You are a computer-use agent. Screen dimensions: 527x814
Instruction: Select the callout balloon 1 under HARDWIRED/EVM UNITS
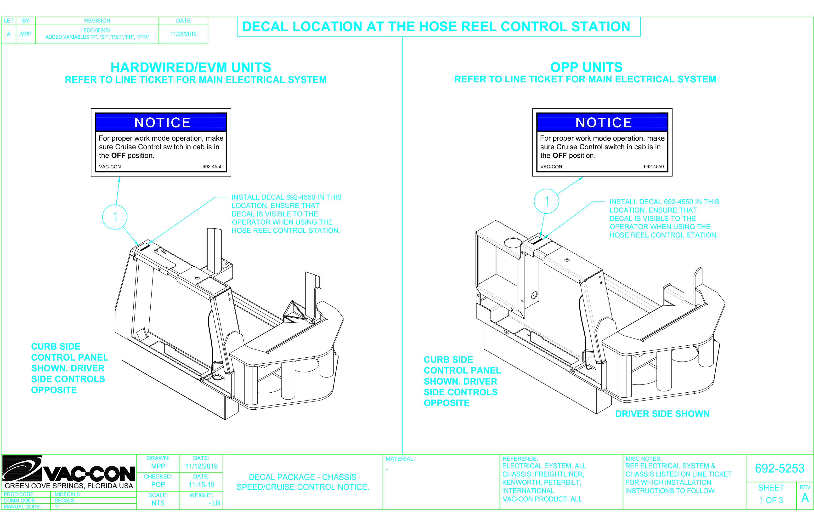coord(115,217)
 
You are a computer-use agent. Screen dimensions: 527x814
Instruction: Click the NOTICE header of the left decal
coord(162,122)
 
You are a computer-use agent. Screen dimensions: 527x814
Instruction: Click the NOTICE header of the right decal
coord(603,122)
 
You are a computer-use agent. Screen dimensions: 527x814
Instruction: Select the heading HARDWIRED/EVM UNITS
coord(191,67)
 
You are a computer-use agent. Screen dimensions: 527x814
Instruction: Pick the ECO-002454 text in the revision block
coord(97,30)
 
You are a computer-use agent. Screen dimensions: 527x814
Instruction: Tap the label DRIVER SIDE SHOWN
coord(662,414)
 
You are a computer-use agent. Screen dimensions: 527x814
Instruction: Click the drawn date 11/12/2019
coord(201,466)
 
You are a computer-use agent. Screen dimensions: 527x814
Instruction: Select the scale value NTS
coord(158,503)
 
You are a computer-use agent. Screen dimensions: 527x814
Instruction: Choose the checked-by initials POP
coord(158,485)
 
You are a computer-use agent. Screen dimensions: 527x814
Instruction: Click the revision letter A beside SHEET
coord(805,498)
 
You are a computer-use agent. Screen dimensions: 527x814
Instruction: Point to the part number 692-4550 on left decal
coord(212,167)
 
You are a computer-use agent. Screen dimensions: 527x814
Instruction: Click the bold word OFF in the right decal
coord(560,155)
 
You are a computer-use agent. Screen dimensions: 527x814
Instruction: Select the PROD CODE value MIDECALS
coord(67,494)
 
